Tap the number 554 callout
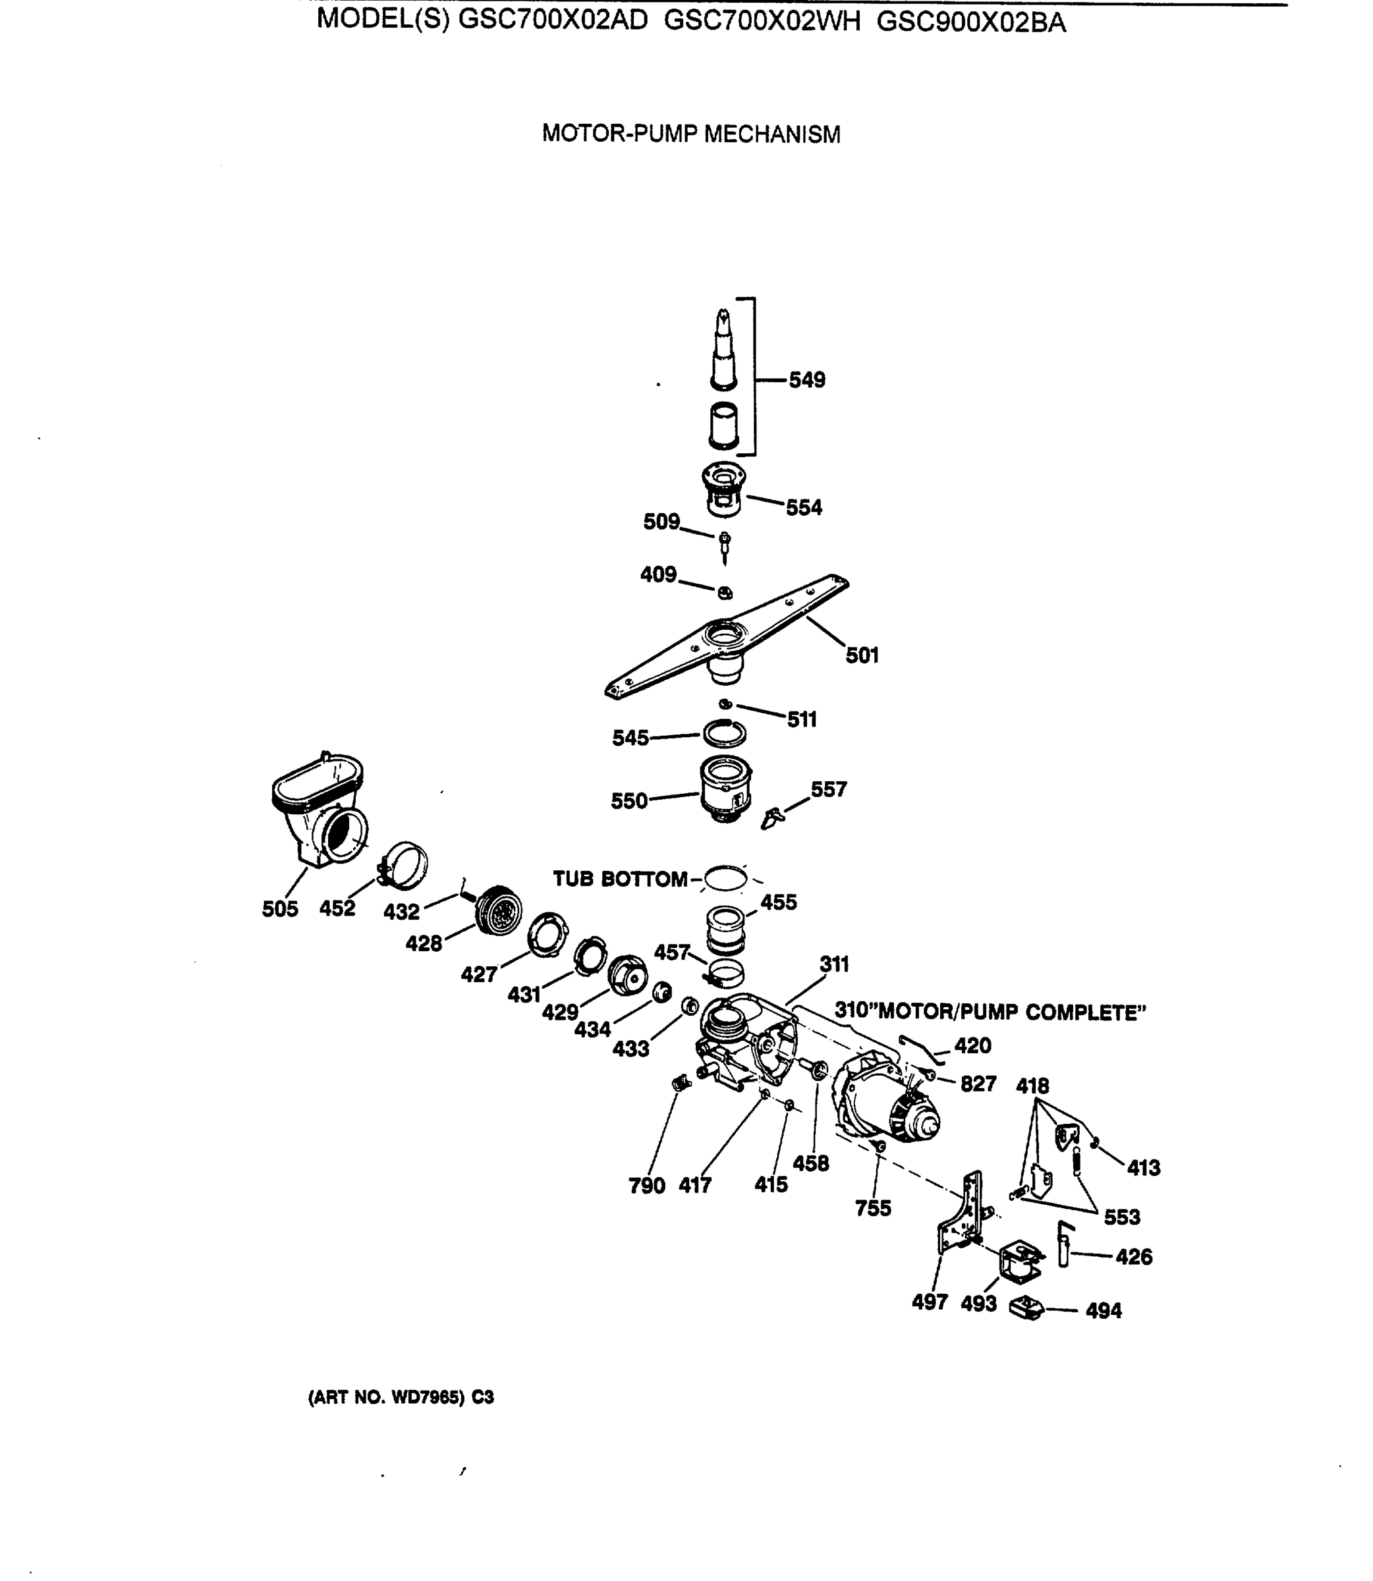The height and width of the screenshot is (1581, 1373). point(804,507)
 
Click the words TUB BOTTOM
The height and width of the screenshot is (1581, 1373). point(620,879)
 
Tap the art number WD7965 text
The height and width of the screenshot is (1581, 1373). point(401,1397)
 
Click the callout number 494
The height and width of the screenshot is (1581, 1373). point(1104,1311)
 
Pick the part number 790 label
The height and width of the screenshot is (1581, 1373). point(647,1186)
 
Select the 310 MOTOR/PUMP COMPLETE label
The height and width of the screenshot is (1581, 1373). point(990,1012)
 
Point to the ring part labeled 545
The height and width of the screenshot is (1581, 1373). point(725,734)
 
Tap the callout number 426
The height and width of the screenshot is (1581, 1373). point(1133,1256)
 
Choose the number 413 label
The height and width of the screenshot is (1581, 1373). point(1143,1167)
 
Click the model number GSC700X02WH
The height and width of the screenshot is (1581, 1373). point(762,22)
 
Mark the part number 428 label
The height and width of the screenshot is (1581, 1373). point(424,944)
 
